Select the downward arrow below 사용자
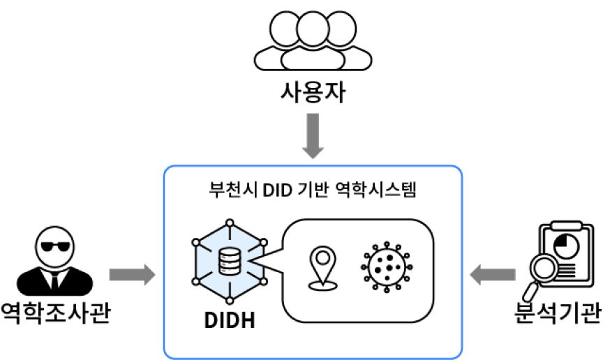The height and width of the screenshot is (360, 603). point(312,136)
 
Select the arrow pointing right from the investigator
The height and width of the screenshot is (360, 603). point(132,274)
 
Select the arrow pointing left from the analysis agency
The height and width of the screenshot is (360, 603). point(493,274)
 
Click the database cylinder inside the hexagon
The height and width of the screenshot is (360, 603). point(230,261)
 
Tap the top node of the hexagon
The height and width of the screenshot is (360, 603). point(230,222)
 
